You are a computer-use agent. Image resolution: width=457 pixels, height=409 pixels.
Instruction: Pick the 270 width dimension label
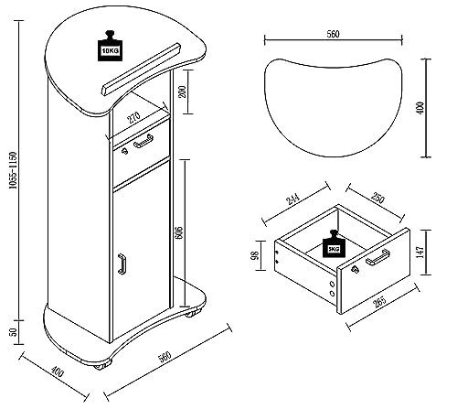click(133, 117)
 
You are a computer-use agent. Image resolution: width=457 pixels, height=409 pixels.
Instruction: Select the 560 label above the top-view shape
click(333, 35)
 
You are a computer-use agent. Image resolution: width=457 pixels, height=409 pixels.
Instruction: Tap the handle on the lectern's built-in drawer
click(142, 142)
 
